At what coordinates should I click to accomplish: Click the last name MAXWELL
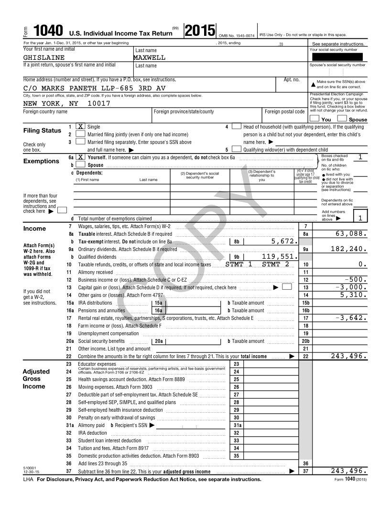coord(150,58)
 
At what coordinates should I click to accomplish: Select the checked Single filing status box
coord(81,127)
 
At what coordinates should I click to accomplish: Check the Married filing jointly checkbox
coord(81,134)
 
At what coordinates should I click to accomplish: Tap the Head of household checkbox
coord(237,127)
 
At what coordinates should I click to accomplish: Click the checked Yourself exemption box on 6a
coord(81,157)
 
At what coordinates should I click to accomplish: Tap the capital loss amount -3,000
coord(351,287)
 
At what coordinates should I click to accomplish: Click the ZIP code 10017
coord(99,104)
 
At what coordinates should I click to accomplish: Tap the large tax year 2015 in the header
coord(199,31)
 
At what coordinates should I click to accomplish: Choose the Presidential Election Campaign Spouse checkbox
coord(342,119)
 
